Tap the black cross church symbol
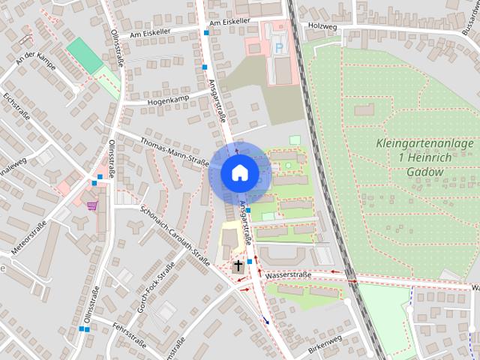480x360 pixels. click(x=238, y=265)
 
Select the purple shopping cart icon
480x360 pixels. click(x=92, y=205)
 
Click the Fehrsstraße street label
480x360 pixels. click(x=128, y=334)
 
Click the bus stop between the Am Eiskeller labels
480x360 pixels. click(x=206, y=33)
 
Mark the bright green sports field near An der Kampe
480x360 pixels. click(x=84, y=55)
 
